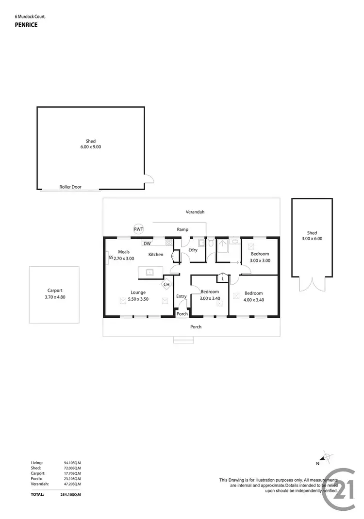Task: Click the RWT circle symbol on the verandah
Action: pyautogui.click(x=139, y=229)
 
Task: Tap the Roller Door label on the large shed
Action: pyautogui.click(x=69, y=186)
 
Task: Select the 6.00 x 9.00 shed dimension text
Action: pyautogui.click(x=91, y=146)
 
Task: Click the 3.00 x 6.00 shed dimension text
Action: pyautogui.click(x=312, y=239)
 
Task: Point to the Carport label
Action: pyautogui.click(x=54, y=291)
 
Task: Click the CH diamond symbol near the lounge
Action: pyautogui.click(x=166, y=284)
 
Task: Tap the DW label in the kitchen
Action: pyautogui.click(x=147, y=243)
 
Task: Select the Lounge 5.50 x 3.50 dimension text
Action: pyautogui.click(x=138, y=299)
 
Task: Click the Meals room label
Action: pyautogui.click(x=123, y=252)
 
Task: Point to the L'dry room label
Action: pyautogui.click(x=193, y=250)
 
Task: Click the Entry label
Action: pyautogui.click(x=182, y=296)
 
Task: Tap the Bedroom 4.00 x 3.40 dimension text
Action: pyautogui.click(x=253, y=300)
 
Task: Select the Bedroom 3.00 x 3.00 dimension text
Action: pyautogui.click(x=260, y=260)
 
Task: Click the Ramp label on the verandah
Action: pyautogui.click(x=182, y=229)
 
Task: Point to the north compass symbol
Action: pyautogui.click(x=327, y=457)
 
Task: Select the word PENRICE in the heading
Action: pyautogui.click(x=26, y=25)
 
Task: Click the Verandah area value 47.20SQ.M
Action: pyautogui.click(x=72, y=484)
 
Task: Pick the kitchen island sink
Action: pyautogui.click(x=150, y=272)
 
